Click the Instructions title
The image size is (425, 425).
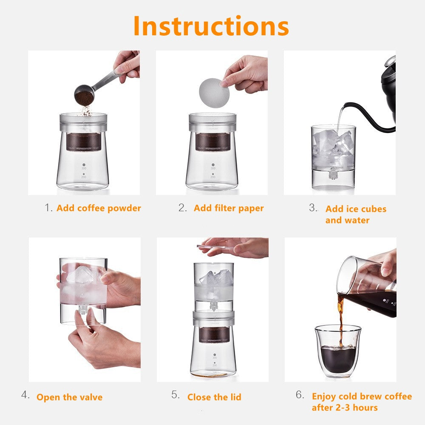tap(211, 26)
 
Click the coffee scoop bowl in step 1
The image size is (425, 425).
tap(84, 95)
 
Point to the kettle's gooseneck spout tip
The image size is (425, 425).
tap(343, 107)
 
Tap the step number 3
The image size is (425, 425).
tap(313, 208)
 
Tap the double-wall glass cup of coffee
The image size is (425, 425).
tap(338, 351)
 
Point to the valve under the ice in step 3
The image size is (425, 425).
tap(333, 175)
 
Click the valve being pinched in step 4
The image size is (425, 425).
tap(83, 309)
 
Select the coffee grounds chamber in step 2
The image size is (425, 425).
tap(213, 142)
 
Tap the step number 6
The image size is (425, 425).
tap(300, 395)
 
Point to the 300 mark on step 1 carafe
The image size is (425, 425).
tap(84, 168)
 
